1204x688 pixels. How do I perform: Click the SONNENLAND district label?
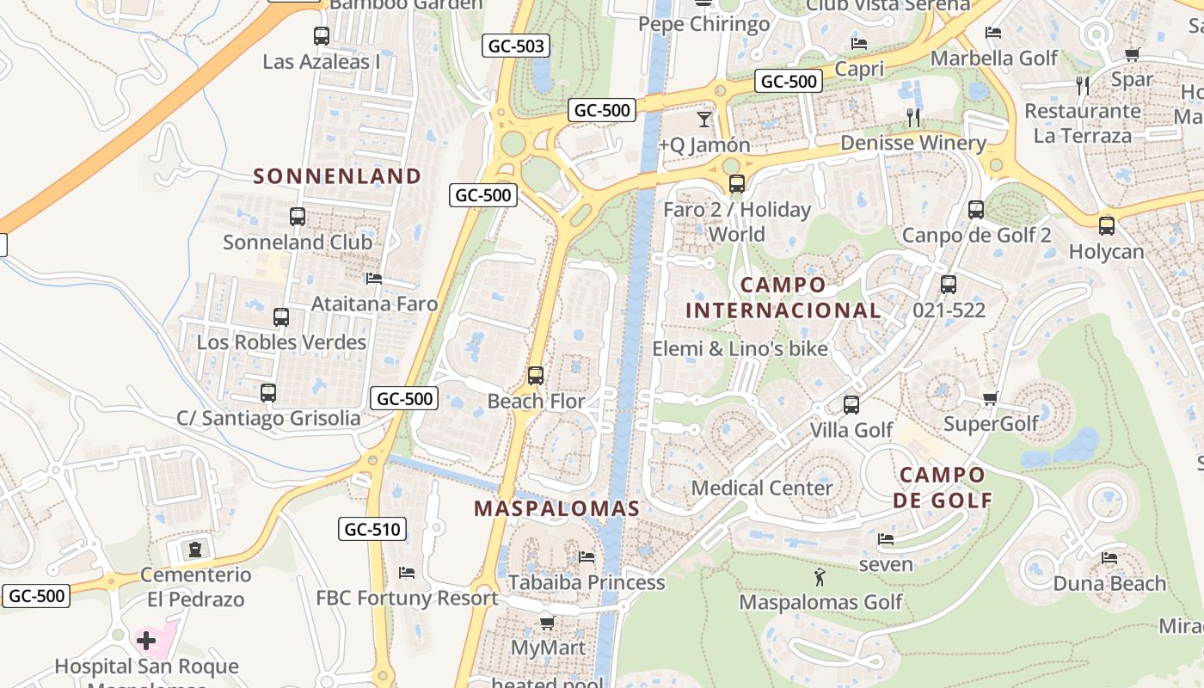(337, 176)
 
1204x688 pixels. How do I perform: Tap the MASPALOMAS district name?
(556, 508)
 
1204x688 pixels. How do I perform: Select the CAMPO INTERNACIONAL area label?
(783, 298)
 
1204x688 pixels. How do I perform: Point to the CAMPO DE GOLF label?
(943, 487)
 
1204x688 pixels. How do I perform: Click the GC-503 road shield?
(515, 46)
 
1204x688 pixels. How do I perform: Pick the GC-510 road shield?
(372, 529)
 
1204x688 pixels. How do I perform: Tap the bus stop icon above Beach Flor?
(536, 376)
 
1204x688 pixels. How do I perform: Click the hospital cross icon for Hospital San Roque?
(146, 641)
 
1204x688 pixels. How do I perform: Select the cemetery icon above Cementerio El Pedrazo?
(196, 549)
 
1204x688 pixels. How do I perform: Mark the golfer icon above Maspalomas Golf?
(820, 576)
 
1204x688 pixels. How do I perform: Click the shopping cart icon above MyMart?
(547, 623)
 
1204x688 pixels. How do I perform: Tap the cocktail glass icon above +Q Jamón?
(704, 119)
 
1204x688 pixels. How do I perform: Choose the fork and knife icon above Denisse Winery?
(913, 117)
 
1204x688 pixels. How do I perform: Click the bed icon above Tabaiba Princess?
(587, 557)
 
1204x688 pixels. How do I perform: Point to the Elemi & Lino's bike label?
(740, 348)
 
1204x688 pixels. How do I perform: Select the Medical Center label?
(762, 488)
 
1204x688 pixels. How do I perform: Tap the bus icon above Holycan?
(1107, 226)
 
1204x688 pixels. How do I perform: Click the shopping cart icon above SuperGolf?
(991, 398)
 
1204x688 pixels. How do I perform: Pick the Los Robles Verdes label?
(281, 342)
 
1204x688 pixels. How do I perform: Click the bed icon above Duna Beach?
(1109, 558)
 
